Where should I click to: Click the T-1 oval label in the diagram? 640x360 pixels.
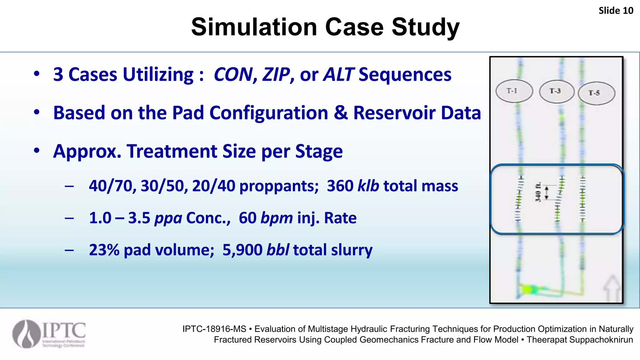[514, 91]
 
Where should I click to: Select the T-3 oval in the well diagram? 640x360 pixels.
[557, 91]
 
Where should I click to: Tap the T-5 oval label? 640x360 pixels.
[596, 93]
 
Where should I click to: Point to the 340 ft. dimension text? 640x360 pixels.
[538, 192]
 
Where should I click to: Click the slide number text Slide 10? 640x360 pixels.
[616, 11]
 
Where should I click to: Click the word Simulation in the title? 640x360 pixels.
[254, 27]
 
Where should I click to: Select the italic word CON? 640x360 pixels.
[233, 75]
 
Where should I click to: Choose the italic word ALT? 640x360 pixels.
[338, 75]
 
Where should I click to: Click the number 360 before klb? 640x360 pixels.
[340, 186]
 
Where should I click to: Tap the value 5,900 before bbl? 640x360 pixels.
[242, 250]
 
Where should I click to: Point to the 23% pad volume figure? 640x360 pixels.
[104, 250]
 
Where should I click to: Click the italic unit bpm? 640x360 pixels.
[277, 218]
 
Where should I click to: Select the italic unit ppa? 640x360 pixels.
[168, 218]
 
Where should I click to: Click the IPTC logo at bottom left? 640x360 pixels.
[49, 334]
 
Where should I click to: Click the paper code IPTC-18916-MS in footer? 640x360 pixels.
[214, 329]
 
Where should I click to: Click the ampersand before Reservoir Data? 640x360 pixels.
[340, 113]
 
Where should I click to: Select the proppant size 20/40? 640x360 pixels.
[213, 186]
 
